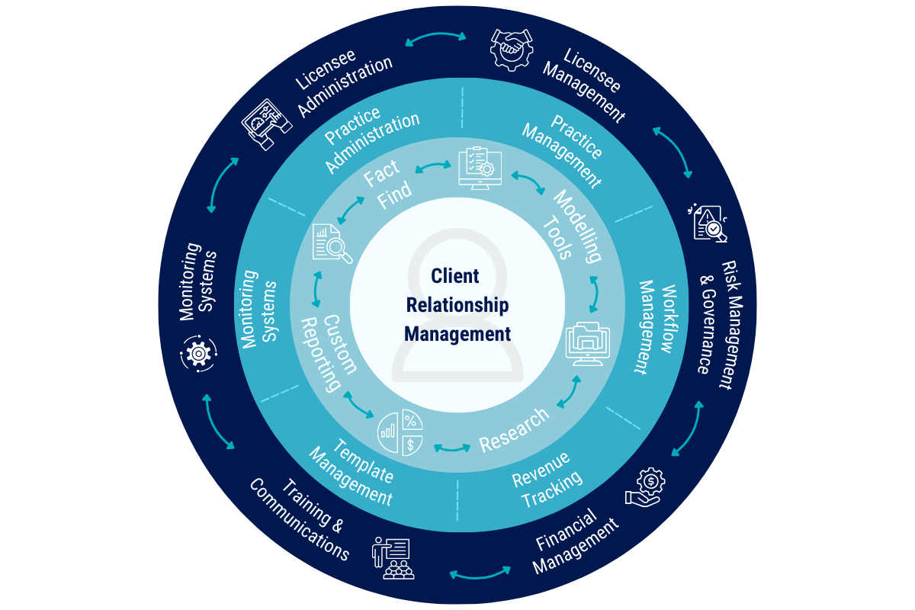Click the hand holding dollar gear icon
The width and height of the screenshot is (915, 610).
click(646, 486)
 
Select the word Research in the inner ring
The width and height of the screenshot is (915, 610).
click(513, 430)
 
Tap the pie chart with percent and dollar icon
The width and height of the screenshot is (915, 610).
click(401, 433)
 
